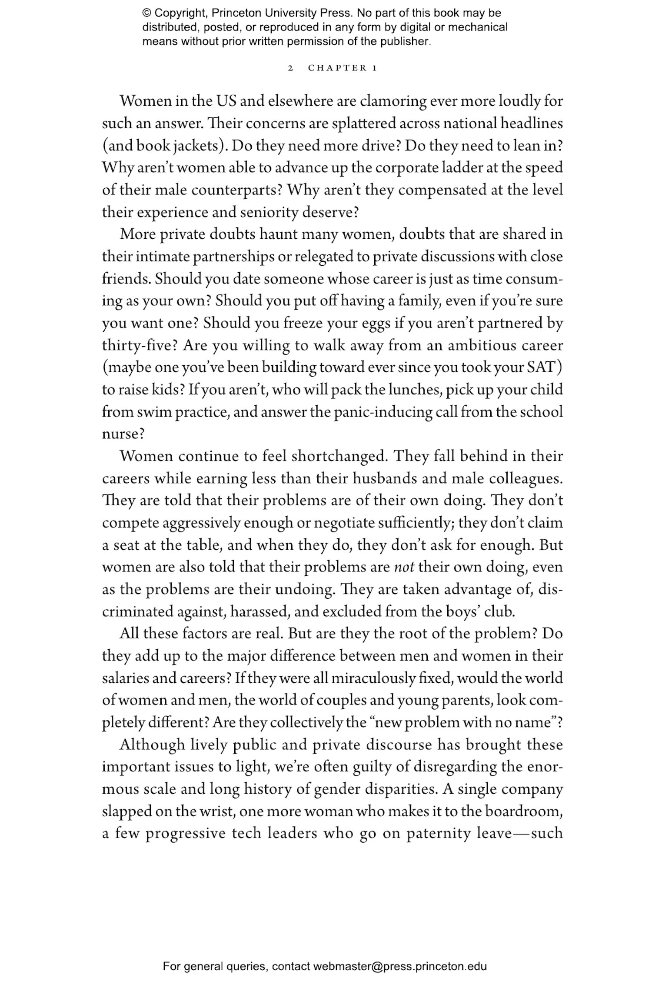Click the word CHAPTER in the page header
pyautogui.click(x=337, y=68)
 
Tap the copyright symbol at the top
pyautogui.click(x=146, y=13)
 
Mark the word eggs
pyautogui.click(x=376, y=323)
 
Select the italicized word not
pyautogui.click(x=404, y=567)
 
